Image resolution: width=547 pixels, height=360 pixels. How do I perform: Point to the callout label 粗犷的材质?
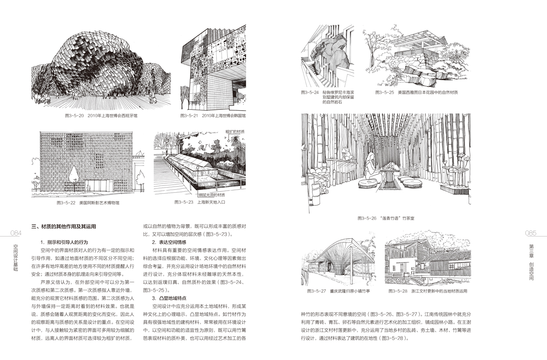[235, 132]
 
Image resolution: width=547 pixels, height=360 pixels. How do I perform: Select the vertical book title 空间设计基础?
[16, 257]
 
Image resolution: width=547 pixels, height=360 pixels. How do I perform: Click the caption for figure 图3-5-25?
[417, 92]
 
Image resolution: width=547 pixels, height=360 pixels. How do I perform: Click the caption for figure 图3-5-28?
[426, 290]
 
